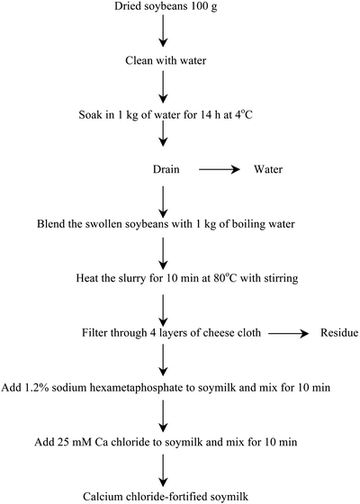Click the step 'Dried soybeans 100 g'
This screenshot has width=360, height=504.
[162, 8]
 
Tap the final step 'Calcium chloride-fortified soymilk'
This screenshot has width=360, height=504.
[162, 495]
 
